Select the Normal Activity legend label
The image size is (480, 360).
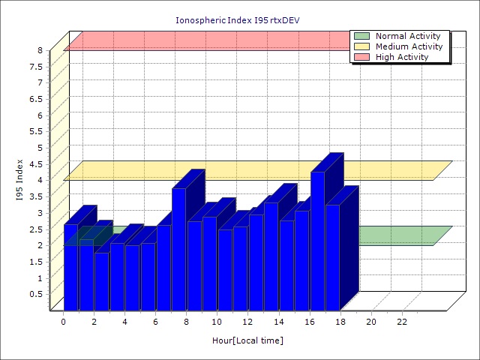pyautogui.click(x=408, y=36)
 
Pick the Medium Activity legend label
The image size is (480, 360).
pyautogui.click(x=409, y=46)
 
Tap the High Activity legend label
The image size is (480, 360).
pyautogui.click(x=402, y=57)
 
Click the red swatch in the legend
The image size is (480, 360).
pyautogui.click(x=362, y=57)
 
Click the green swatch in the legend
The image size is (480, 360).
pyautogui.click(x=362, y=36)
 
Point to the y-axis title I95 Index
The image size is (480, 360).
pyautogui.click(x=19, y=180)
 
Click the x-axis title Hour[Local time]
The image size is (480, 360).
pyautogui.click(x=247, y=340)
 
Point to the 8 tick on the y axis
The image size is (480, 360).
pyautogui.click(x=41, y=50)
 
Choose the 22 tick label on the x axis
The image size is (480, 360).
pyautogui.click(x=402, y=322)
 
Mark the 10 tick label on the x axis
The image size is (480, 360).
pyautogui.click(x=217, y=322)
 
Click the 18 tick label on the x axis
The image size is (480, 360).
pyautogui.click(x=340, y=322)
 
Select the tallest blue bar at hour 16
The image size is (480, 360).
pyautogui.click(x=317, y=240)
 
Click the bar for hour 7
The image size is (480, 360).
pyautogui.click(x=178, y=247)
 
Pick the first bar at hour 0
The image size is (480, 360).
pyautogui.click(x=70, y=266)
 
